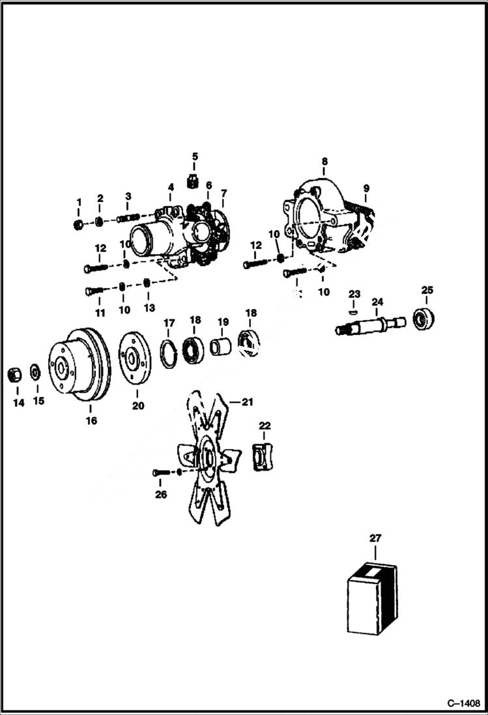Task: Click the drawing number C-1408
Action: point(463,703)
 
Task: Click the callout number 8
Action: point(324,161)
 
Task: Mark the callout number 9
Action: point(366,188)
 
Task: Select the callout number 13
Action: point(150,306)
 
